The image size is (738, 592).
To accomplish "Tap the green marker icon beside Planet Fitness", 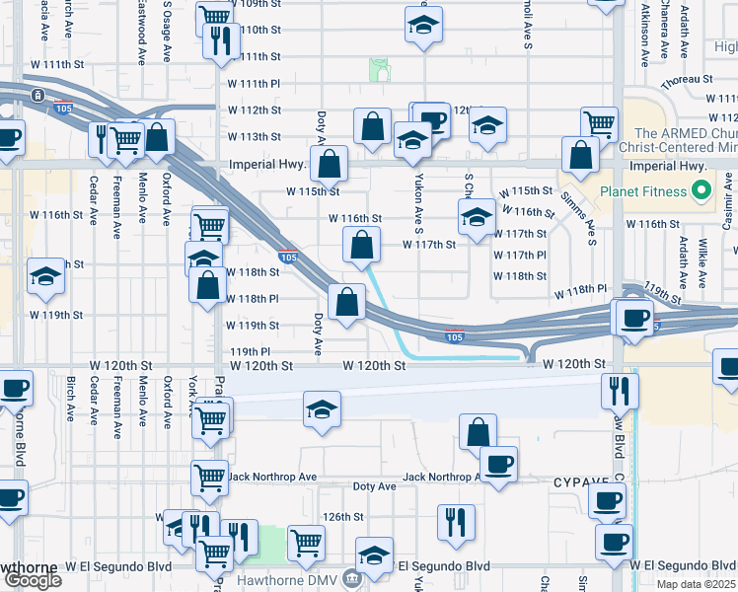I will click(x=702, y=189).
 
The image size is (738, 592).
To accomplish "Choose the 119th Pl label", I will click(x=250, y=351).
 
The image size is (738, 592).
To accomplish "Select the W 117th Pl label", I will click(x=519, y=255).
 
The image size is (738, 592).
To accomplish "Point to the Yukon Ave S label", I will click(x=419, y=194).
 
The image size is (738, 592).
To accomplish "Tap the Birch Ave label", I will click(x=70, y=395).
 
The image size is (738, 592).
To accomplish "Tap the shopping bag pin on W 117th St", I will click(x=363, y=243).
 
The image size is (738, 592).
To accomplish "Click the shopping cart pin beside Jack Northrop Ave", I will click(x=210, y=478).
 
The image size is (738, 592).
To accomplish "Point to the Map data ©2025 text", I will click(x=697, y=584).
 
